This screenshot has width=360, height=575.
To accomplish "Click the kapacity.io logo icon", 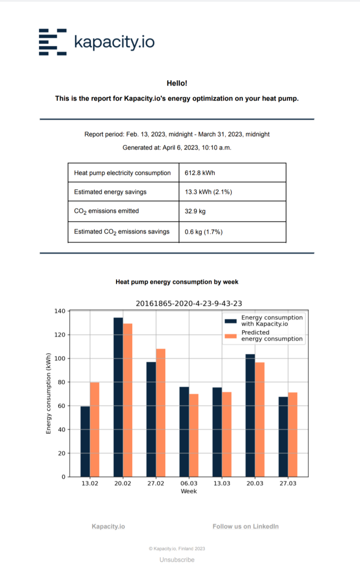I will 52,42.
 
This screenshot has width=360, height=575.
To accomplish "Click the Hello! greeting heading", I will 177,83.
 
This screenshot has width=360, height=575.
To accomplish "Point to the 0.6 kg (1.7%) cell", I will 204,232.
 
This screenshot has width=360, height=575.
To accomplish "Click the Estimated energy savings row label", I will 110,192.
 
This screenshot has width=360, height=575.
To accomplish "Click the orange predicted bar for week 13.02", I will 94,429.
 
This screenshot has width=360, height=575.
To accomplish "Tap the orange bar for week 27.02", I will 161,413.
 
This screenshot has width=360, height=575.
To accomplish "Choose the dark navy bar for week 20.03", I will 250,415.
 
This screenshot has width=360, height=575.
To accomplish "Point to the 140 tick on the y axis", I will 59,311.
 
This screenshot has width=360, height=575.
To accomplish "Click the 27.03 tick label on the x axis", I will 288,483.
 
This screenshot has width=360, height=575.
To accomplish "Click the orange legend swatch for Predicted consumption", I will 231,335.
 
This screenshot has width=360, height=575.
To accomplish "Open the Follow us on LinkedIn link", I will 245,526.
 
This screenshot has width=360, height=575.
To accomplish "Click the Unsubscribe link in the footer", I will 177,560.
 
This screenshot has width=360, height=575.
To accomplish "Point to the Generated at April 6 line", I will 177,148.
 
